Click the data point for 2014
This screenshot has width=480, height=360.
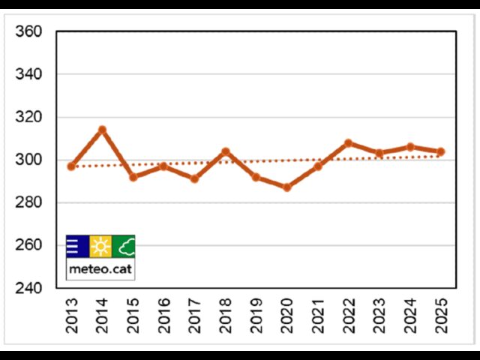point(102,130)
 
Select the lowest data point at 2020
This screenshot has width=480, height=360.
point(286,187)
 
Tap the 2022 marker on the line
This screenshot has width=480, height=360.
point(348,142)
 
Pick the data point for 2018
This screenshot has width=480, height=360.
point(225,151)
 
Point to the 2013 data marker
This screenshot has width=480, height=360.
point(71,166)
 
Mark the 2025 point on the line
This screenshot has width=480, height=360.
point(441,151)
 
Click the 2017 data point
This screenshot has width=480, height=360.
point(194,178)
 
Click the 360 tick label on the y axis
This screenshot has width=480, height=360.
point(28,32)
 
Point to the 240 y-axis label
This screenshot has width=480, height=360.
point(28,288)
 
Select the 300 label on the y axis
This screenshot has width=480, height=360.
point(28,160)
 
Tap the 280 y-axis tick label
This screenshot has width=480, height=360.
point(28,202)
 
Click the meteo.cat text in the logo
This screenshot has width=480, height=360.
point(100,268)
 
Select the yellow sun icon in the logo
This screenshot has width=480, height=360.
point(100,246)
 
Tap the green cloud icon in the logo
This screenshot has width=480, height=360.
point(124,246)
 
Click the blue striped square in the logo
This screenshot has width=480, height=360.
point(77,246)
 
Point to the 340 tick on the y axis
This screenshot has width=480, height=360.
point(28,74)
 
